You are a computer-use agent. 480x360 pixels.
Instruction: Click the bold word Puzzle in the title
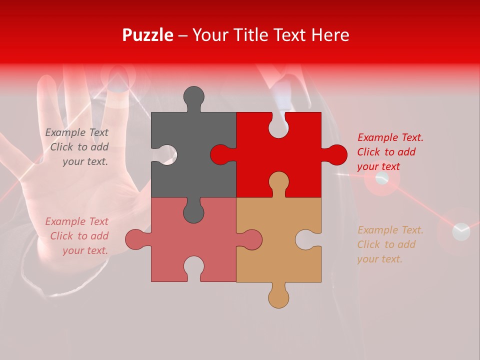[x=148, y=35]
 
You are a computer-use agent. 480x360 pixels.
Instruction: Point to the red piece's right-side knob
[x=336, y=154]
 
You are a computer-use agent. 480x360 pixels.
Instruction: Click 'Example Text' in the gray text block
[x=77, y=132]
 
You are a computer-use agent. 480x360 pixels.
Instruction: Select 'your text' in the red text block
[x=378, y=166]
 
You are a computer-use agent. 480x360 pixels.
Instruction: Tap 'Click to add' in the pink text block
[x=79, y=236]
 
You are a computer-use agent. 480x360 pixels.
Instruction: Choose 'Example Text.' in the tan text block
[x=390, y=230]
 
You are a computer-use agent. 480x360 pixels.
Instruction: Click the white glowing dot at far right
[x=461, y=231]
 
